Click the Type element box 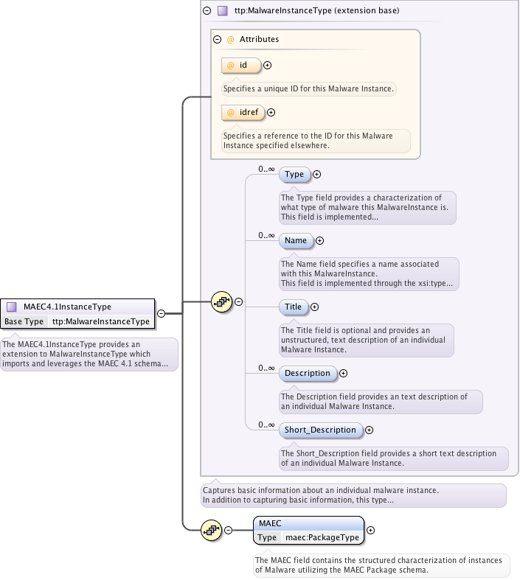(x=294, y=175)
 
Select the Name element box (x=296, y=240)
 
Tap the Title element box (x=294, y=307)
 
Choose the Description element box (x=308, y=373)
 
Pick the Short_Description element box (x=320, y=430)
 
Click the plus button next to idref (x=271, y=113)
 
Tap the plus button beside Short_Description (x=370, y=430)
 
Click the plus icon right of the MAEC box (x=371, y=530)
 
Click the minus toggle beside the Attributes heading (x=218, y=39)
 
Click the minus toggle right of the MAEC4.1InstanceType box (x=161, y=312)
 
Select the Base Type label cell (x=24, y=321)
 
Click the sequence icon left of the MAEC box (x=212, y=530)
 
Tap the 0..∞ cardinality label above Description (x=266, y=367)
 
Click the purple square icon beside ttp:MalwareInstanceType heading (x=222, y=11)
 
